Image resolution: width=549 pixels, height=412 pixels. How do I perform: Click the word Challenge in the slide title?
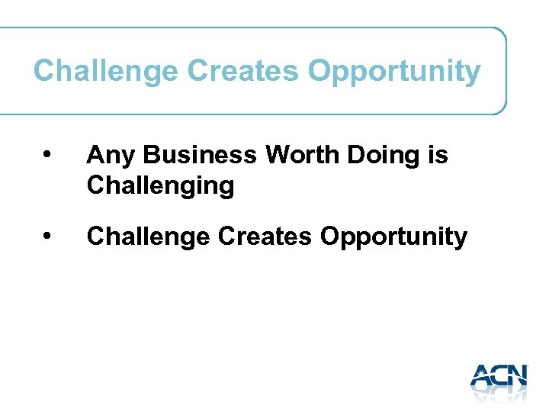coord(106,72)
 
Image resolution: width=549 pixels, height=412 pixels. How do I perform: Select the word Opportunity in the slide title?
coord(394,72)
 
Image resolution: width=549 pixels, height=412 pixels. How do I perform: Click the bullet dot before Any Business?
coord(47,156)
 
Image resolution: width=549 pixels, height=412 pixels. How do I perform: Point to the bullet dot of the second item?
coord(47,237)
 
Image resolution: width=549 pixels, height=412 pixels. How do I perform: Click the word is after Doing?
coord(438,156)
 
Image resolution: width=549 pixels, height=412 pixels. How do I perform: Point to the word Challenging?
coord(160,186)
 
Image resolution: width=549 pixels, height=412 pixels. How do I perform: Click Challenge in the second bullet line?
coord(149,237)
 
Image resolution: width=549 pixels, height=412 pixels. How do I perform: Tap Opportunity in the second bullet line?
coord(393,238)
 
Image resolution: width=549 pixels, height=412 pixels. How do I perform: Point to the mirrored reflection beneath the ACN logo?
coord(499,393)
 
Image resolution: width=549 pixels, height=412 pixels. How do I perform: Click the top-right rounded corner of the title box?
coord(500,34)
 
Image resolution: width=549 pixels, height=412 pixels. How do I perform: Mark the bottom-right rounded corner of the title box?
coord(500,108)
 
